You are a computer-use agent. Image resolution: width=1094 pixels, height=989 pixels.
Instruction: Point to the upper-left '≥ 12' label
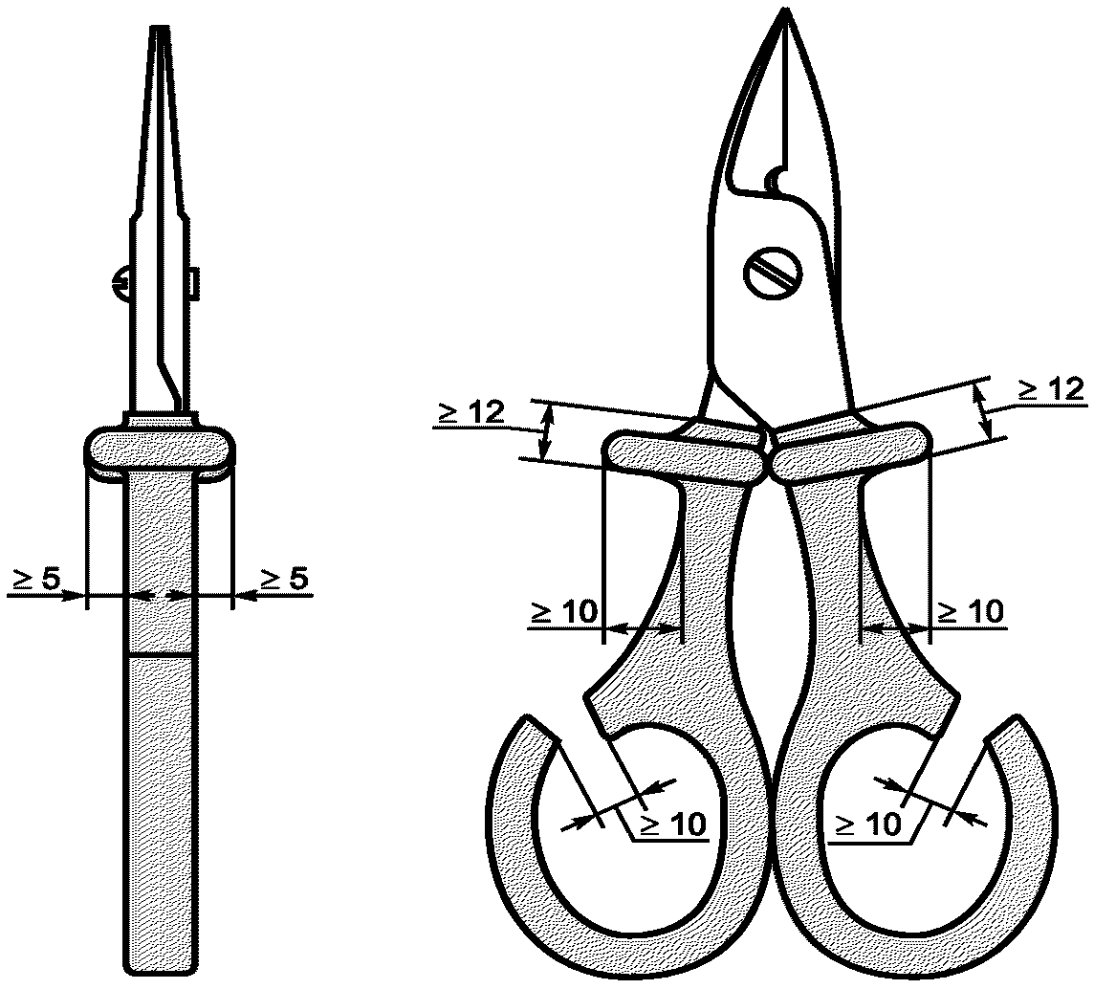[471, 412]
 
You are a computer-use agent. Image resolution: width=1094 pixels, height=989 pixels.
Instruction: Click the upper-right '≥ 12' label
[1051, 388]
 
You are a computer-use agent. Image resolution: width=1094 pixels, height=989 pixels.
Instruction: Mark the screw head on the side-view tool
[119, 283]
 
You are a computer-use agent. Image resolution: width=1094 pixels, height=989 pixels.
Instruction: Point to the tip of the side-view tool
[161, 28]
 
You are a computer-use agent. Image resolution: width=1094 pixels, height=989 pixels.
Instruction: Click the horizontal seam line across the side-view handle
[161, 655]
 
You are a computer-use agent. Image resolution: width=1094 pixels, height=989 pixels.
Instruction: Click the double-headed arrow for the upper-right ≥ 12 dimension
[983, 411]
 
